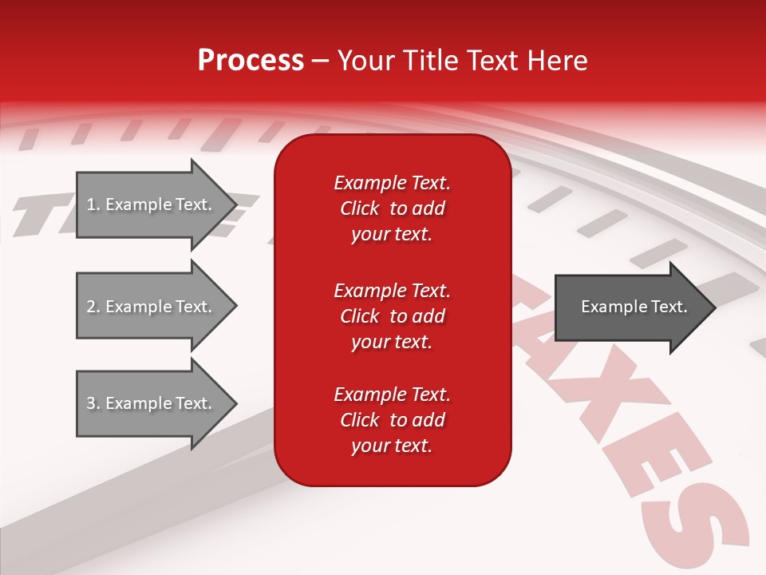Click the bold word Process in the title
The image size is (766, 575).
pos(251,60)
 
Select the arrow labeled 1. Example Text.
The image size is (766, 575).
pos(152,204)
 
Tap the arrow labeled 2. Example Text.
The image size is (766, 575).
pos(152,307)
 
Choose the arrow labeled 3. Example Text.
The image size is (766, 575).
pos(152,403)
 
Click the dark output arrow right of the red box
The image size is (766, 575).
pos(630,307)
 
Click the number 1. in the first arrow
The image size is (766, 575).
pos(93,204)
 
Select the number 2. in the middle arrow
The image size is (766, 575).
pos(93,307)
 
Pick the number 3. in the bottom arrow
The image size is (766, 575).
pos(93,403)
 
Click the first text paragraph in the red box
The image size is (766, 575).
pos(392,208)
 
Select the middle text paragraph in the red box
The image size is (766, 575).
pos(392,316)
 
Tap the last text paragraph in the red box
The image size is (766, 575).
pos(392,420)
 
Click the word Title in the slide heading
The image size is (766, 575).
pos(430,60)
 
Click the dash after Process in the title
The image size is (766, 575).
pos(320,61)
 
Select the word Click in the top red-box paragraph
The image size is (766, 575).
pos(359,208)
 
